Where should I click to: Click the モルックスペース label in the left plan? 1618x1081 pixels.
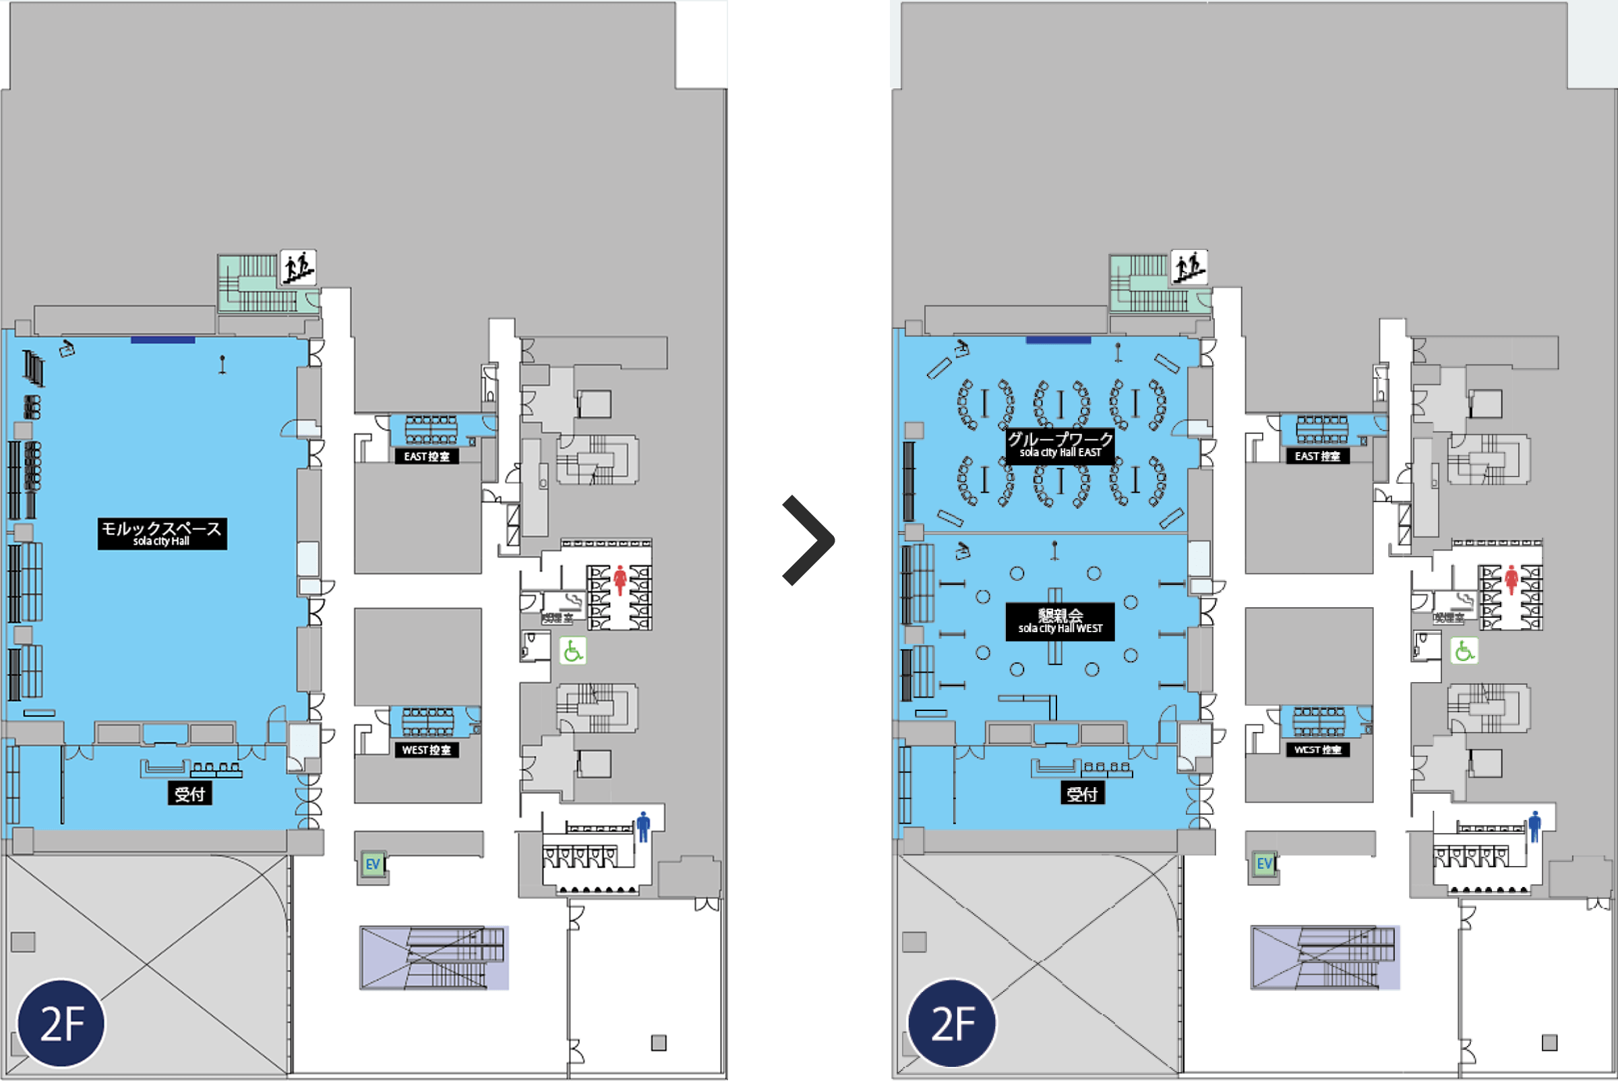tap(162, 534)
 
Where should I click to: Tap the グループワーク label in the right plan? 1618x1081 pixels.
tap(1060, 445)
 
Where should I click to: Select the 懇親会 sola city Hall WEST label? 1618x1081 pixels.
tap(1060, 621)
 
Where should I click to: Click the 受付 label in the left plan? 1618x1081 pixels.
tap(189, 794)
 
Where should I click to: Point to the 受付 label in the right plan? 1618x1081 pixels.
tap(1082, 794)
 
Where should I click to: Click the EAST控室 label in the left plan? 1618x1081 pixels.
tap(426, 456)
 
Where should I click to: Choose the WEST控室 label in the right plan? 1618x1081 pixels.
tap(1317, 750)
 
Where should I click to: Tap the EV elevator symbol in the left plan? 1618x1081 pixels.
tap(372, 865)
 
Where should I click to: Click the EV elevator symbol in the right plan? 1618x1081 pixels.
tap(1263, 865)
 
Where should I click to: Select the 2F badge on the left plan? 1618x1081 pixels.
tap(62, 1023)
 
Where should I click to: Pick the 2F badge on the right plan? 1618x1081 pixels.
tap(953, 1023)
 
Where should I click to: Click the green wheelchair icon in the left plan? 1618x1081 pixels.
tap(572, 651)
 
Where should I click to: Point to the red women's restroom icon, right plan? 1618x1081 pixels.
tap(1511, 580)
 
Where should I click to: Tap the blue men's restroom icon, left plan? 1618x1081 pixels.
tap(643, 827)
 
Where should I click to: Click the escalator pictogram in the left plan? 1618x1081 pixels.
tap(298, 268)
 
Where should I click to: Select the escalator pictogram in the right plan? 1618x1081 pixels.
tap(1189, 268)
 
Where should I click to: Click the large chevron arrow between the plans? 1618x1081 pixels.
tap(810, 540)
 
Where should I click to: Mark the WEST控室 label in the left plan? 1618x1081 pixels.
tap(426, 750)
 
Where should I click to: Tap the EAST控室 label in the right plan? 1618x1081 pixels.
tap(1317, 456)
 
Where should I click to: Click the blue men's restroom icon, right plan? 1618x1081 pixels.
tap(1534, 827)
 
